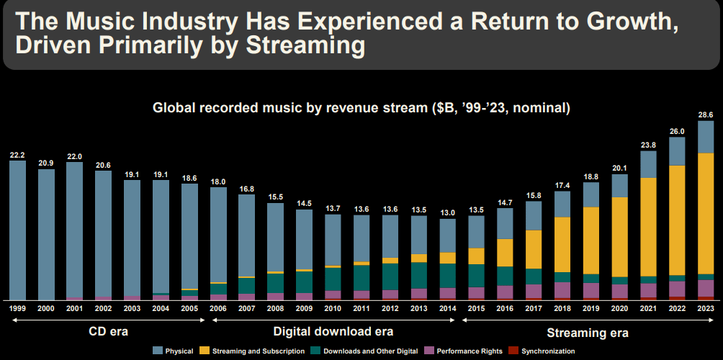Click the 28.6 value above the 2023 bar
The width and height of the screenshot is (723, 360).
(x=706, y=115)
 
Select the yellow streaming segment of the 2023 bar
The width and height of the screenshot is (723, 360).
(x=706, y=213)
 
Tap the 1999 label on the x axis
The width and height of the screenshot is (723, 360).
(x=18, y=308)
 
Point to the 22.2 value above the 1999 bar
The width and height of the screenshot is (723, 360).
(x=18, y=155)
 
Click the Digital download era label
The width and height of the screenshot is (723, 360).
(x=333, y=332)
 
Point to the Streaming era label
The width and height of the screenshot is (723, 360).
(x=587, y=333)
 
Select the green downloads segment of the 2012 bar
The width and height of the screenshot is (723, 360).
(x=390, y=276)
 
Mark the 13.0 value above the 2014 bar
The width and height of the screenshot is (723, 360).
(x=447, y=212)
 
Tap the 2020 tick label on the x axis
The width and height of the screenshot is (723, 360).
(x=619, y=308)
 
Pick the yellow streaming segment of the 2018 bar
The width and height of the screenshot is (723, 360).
(x=562, y=244)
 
